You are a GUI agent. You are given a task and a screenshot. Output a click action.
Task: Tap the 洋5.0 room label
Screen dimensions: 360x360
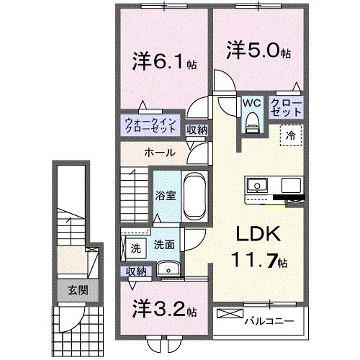[256, 49]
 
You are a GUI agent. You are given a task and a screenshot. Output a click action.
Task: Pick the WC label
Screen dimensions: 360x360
[252, 104]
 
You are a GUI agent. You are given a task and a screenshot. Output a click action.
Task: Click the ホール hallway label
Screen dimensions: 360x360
[163, 153]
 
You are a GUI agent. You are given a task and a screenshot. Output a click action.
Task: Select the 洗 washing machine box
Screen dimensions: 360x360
[133, 246]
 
